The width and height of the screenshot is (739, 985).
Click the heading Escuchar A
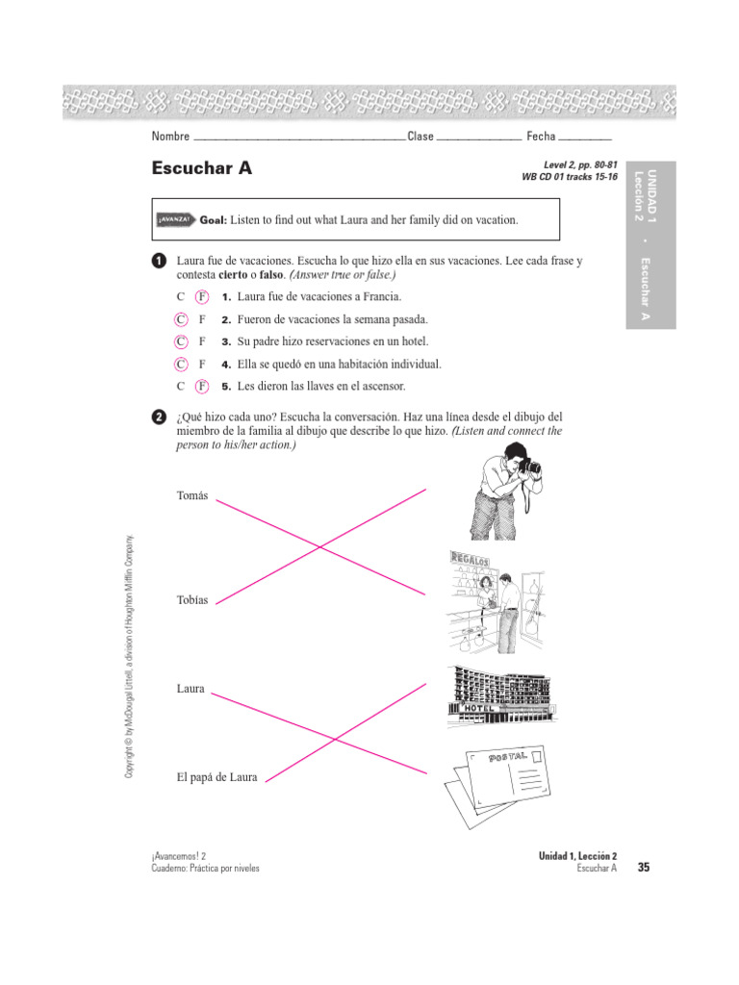(x=202, y=168)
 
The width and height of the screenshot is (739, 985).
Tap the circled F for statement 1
(x=202, y=297)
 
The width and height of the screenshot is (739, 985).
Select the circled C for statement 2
(x=180, y=319)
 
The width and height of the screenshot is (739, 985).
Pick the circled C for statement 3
(x=180, y=341)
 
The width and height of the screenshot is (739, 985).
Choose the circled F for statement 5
(x=202, y=387)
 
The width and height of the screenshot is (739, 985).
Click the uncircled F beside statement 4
(x=202, y=365)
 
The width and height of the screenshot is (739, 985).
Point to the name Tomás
(x=192, y=495)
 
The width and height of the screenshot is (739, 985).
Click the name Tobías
(x=192, y=600)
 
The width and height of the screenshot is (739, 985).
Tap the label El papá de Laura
(x=217, y=777)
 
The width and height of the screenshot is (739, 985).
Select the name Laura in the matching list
(x=191, y=689)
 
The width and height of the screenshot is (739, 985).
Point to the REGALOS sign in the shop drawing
(x=469, y=559)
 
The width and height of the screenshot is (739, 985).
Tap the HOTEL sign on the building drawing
(x=477, y=709)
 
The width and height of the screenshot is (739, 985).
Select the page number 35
(x=644, y=868)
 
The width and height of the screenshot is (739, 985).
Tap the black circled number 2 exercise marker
(x=159, y=417)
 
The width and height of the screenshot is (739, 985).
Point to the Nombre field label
(x=170, y=137)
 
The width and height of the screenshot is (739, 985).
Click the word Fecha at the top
(x=541, y=137)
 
